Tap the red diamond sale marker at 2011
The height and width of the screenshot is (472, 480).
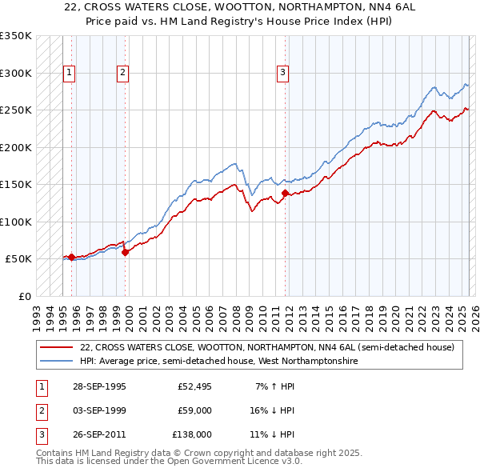pos(285,193)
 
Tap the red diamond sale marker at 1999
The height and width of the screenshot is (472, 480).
pos(126,252)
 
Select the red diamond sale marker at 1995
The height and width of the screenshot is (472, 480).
pos(72,257)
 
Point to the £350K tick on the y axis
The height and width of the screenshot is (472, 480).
pos(16,36)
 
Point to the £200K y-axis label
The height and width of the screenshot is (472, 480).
pos(16,147)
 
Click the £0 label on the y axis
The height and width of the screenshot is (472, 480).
pos(24,296)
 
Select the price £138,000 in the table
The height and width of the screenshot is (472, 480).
pos(193,434)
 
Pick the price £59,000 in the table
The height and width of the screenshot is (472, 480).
pos(195,410)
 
